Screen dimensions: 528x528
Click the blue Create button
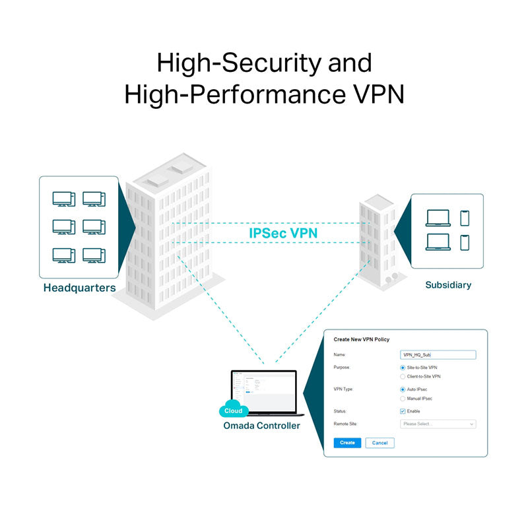347,443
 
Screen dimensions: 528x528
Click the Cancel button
379,443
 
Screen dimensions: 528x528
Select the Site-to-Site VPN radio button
403,367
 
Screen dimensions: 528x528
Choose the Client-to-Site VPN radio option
403,376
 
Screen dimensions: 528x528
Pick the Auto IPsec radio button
403,389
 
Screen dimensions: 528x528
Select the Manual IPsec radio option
403,399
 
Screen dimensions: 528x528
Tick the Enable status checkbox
403,411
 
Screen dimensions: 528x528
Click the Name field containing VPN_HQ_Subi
438,354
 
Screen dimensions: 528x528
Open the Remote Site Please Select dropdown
438,424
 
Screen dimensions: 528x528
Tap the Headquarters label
79,288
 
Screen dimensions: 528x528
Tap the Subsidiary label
448,285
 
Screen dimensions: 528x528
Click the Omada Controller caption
261,426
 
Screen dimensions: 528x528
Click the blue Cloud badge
233,410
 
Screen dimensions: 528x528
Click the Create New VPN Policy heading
361,339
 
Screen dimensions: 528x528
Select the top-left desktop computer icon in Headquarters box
63,199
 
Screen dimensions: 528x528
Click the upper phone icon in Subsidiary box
465,218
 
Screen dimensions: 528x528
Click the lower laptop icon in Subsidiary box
438,242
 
